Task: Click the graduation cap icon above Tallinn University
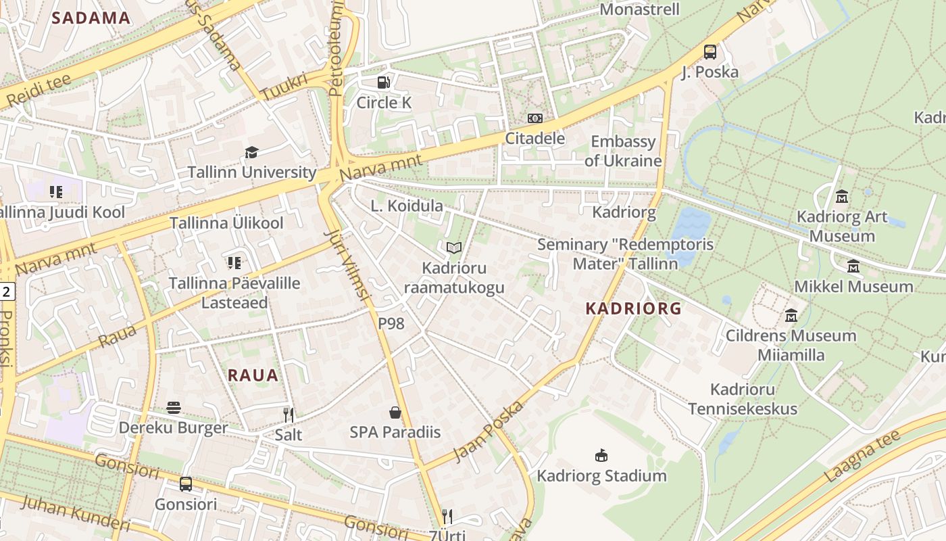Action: click(x=251, y=152)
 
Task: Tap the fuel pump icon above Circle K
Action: click(x=383, y=83)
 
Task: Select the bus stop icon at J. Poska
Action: click(x=709, y=51)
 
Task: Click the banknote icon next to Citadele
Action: click(x=534, y=118)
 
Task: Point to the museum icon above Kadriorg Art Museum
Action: click(x=842, y=197)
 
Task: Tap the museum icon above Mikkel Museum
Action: click(x=853, y=266)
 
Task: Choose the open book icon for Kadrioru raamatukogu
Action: click(x=454, y=248)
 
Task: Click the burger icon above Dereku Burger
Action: click(x=174, y=408)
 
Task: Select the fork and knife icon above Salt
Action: click(x=289, y=415)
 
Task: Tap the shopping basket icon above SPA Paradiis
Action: click(x=395, y=412)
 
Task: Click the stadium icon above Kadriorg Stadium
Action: click(x=601, y=455)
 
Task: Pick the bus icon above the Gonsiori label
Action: click(x=186, y=484)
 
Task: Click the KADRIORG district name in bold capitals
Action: click(x=633, y=308)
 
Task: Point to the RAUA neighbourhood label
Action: click(x=253, y=375)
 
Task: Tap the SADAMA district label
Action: click(x=91, y=18)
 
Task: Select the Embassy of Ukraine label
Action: click(x=623, y=151)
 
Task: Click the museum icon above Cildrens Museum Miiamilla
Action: click(x=791, y=315)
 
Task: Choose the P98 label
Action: click(x=391, y=323)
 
